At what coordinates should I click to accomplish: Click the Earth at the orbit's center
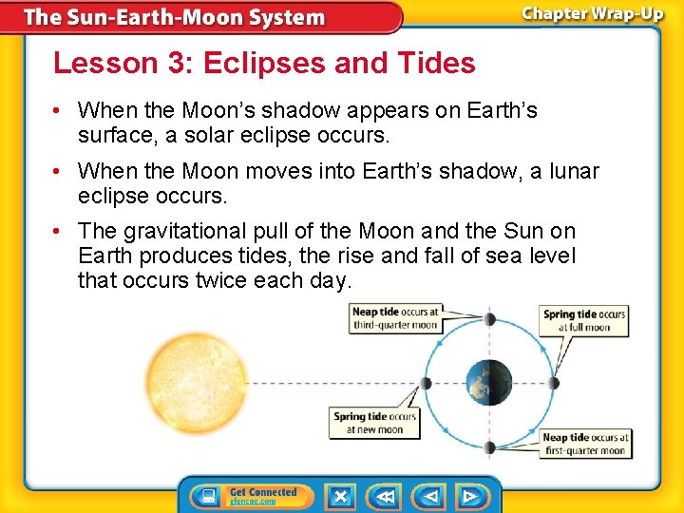click(x=488, y=384)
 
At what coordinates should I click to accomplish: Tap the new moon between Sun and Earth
click(x=425, y=384)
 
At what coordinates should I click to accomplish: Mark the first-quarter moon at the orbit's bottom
click(x=488, y=447)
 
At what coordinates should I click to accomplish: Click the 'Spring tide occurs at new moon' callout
click(x=374, y=423)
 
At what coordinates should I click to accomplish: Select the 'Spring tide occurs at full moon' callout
click(x=584, y=321)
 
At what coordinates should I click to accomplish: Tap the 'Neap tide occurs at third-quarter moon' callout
click(x=395, y=318)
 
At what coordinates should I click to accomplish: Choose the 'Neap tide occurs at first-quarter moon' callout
click(x=585, y=444)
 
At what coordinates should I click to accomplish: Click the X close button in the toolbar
click(x=340, y=496)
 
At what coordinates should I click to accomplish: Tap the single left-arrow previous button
click(x=430, y=496)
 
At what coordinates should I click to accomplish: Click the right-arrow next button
click(x=470, y=496)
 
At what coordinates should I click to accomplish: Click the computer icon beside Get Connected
click(x=205, y=496)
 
